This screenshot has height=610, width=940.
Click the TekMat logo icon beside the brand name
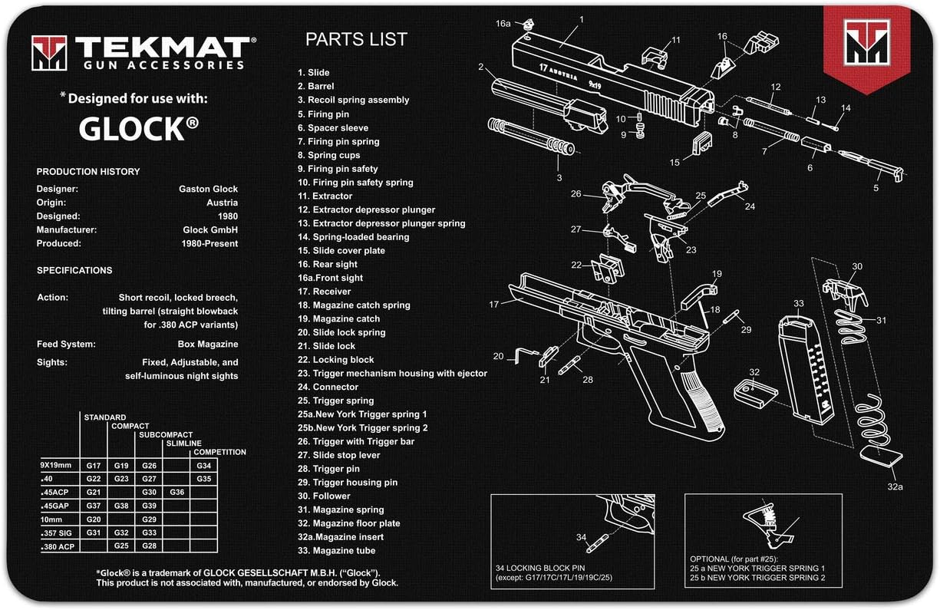click(x=49, y=53)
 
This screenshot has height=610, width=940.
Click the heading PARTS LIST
click(x=356, y=39)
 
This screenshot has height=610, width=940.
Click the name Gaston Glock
click(x=208, y=189)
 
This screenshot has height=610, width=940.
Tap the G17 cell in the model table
click(x=94, y=466)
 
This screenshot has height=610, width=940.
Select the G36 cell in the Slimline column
click(x=176, y=492)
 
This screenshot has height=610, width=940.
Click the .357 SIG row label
click(x=58, y=533)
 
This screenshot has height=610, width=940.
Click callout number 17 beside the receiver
click(x=494, y=305)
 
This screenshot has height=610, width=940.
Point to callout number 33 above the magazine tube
click(x=799, y=304)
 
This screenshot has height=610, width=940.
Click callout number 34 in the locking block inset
click(x=581, y=536)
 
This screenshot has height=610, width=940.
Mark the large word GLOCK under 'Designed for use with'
click(x=132, y=130)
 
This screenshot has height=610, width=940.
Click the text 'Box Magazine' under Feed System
click(x=208, y=344)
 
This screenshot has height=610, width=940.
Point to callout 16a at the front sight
click(x=503, y=24)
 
